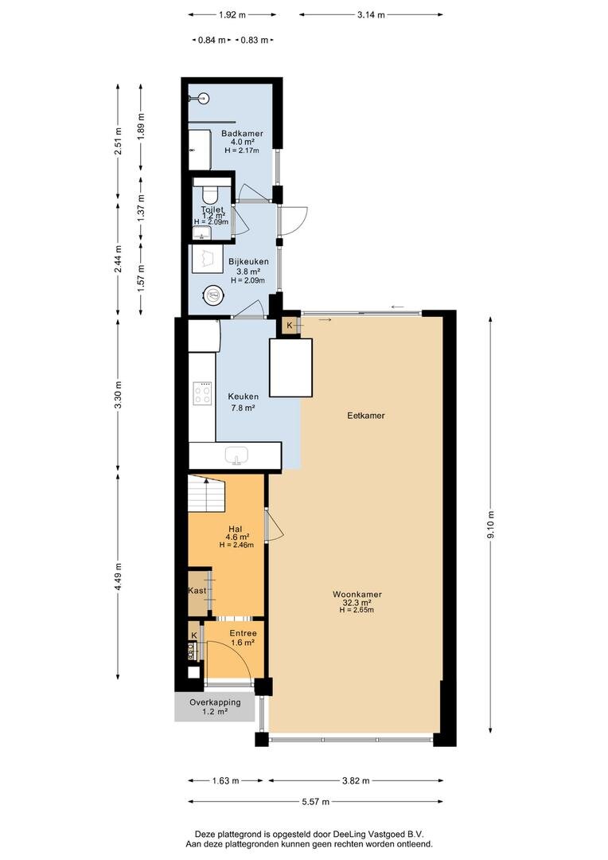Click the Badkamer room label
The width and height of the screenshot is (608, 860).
pos(242,133)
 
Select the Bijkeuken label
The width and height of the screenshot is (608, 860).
pos(248,262)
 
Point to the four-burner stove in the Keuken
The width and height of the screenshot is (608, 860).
pos(202,393)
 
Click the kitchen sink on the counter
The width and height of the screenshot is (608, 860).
pos(236,455)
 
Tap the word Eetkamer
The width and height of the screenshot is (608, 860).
pos(366,415)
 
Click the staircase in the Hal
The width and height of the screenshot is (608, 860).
pos(207,493)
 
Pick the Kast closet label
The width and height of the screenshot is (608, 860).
pos(197,590)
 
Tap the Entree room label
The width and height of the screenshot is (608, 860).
pos(243,633)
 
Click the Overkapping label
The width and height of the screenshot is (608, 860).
pos(215,702)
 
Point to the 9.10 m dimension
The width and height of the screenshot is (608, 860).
pos(491,525)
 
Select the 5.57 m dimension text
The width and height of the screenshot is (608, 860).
pos(316,801)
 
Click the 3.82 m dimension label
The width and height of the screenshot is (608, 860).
pos(356,780)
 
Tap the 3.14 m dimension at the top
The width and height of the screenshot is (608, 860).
pos(371,15)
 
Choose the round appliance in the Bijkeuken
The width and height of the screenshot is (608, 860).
pos(212,295)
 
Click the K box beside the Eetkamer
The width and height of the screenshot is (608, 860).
pos(290,325)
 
